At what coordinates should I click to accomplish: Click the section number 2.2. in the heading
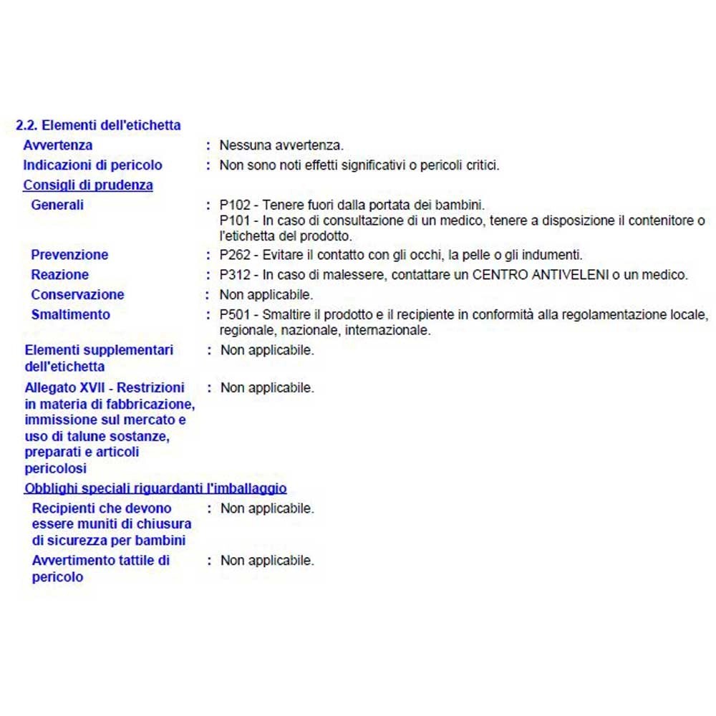pos(27,125)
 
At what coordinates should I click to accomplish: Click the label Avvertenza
pos(57,145)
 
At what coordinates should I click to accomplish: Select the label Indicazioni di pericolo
pos(92,165)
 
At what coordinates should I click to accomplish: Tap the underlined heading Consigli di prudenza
pos(88,185)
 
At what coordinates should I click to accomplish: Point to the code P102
pos(233,205)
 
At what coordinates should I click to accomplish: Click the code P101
pos(233,221)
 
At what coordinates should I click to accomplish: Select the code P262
pos(233,255)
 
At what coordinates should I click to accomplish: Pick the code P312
pos(233,275)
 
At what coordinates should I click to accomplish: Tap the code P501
pos(233,315)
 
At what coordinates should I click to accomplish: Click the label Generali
pos(57,205)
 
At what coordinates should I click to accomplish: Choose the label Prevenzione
pos(69,255)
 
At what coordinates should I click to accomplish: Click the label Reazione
pos(60,275)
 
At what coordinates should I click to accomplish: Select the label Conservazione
pos(77,295)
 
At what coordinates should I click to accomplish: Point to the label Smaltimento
pos(71,315)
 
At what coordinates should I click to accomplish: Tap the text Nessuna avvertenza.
pos(281,145)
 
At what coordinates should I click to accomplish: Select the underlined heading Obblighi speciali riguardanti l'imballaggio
pos(155,489)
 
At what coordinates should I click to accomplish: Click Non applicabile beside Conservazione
pos(266,295)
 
